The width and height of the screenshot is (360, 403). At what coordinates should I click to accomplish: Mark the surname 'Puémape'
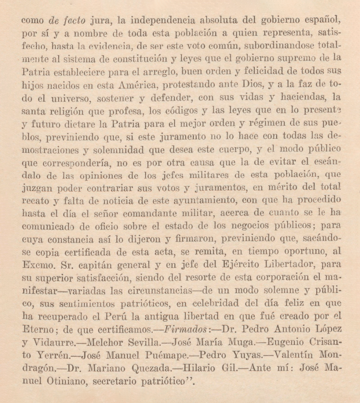[x=166, y=355]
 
